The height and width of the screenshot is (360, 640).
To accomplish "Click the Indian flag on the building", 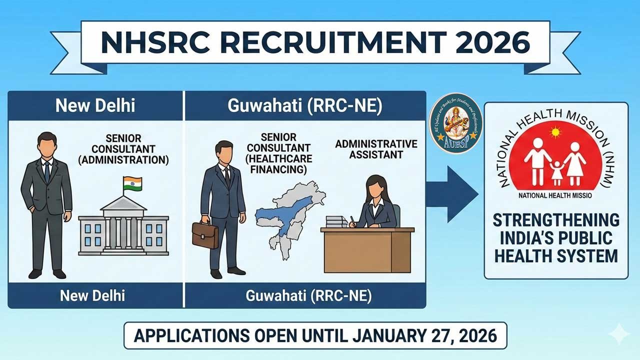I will [x=132, y=183].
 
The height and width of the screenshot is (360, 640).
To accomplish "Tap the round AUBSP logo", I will [x=455, y=123].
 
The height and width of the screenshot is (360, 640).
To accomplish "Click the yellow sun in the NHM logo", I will [x=553, y=133].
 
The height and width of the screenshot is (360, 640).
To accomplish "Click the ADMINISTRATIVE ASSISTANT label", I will [x=376, y=149].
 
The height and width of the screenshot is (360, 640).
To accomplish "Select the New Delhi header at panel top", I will [x=95, y=106].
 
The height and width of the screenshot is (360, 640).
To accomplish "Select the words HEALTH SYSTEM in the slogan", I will [x=555, y=256].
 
